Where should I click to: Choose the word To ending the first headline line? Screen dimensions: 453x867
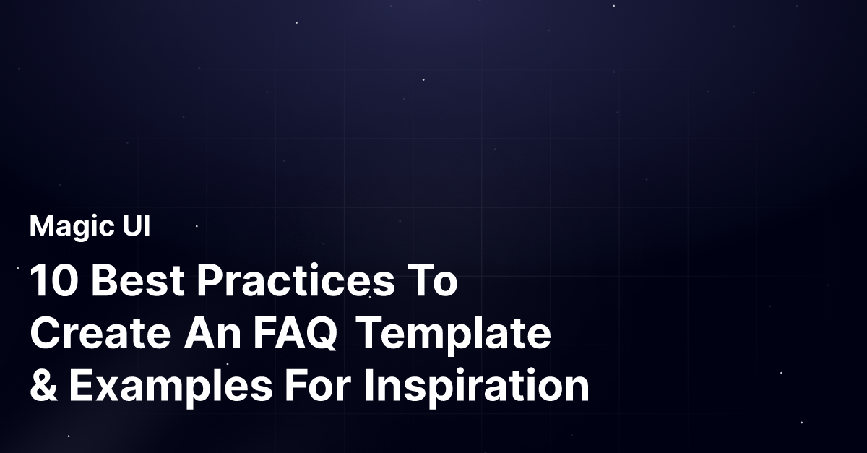tap(431, 282)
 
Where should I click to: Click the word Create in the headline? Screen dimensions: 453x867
tap(100, 335)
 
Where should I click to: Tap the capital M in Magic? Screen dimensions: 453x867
tap(40, 227)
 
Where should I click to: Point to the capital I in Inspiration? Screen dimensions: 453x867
tap(368, 387)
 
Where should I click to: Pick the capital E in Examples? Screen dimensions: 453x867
tap(80, 387)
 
